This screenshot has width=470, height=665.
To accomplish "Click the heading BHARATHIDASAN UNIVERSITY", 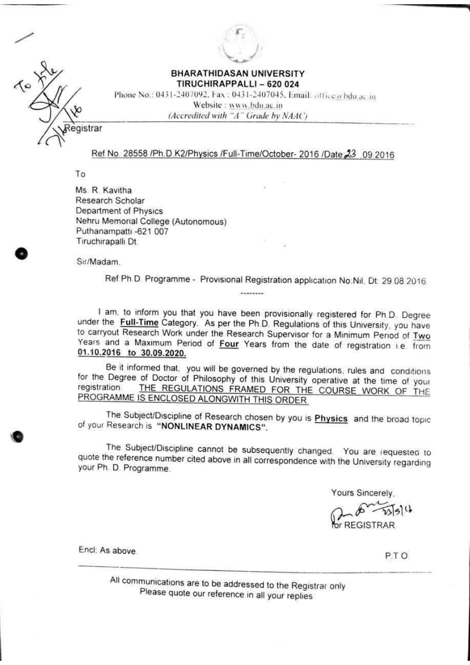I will coord(238,73).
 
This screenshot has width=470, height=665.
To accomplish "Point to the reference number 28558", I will coord(135,153).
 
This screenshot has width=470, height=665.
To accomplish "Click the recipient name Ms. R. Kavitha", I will coord(103,190).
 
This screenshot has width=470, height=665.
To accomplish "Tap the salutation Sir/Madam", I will coord(99,261).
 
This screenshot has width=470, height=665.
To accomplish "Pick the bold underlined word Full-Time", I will coord(139,323).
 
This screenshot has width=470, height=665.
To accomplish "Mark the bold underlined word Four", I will coord(229,344).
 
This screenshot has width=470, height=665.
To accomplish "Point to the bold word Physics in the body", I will coord(331,419).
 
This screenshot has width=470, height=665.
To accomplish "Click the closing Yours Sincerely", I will coord(363,493).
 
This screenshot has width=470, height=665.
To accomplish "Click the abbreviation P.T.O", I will coord(397,556).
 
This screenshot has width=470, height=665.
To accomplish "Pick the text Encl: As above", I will coord(107,550).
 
